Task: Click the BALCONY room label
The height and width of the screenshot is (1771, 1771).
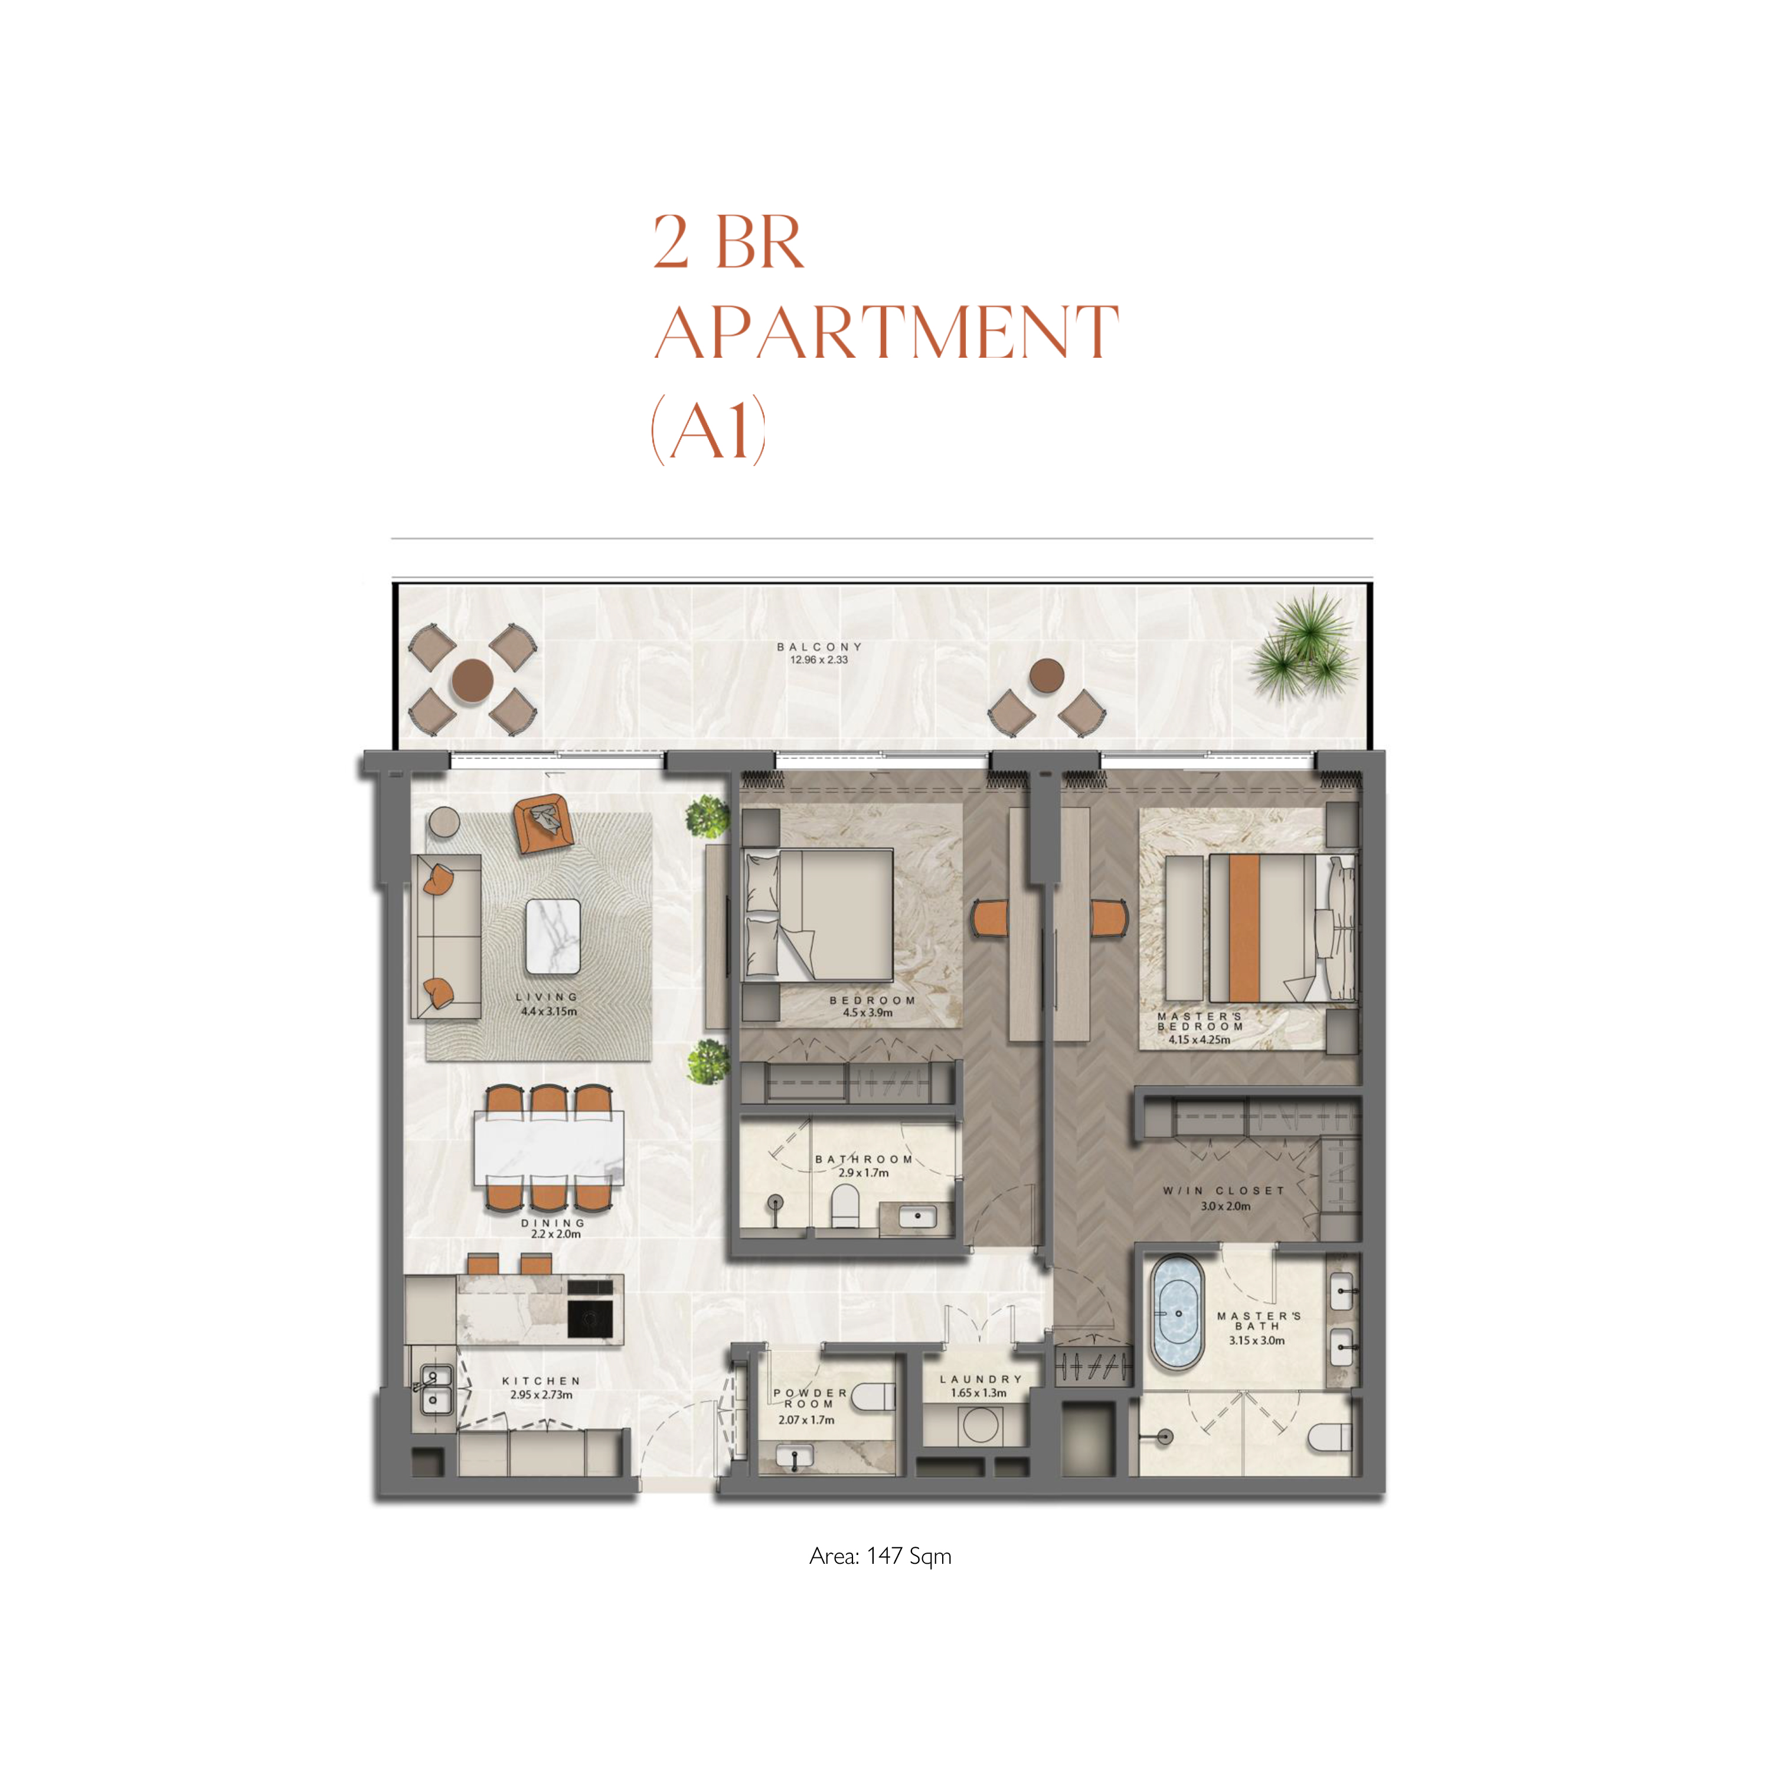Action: [819, 646]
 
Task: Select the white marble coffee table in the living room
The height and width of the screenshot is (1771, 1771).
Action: [553, 936]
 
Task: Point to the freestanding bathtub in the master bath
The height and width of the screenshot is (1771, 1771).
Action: [1177, 1313]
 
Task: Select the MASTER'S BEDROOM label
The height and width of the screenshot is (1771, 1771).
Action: [1200, 1021]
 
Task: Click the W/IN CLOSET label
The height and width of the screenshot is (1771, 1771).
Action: [1224, 1190]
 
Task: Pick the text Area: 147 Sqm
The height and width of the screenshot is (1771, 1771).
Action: [880, 1556]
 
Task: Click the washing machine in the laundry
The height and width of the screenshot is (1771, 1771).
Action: [980, 1426]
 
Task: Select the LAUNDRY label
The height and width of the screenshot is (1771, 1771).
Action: [981, 1378]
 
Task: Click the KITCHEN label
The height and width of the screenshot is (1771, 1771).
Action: [541, 1381]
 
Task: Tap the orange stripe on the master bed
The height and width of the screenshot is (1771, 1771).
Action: [1244, 927]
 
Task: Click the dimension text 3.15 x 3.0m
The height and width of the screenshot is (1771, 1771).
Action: [1257, 1340]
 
